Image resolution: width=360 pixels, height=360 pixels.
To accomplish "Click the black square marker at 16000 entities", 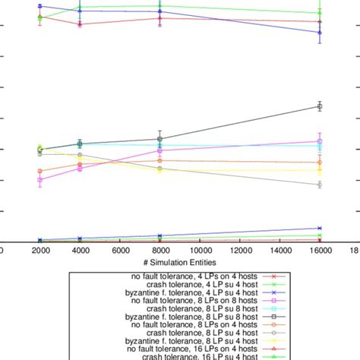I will [320, 106].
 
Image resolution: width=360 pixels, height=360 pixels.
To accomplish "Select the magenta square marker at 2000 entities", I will [40, 180].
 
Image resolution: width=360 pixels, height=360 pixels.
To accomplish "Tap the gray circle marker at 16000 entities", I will [320, 185].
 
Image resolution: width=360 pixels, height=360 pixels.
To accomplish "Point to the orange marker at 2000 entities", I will [40, 172].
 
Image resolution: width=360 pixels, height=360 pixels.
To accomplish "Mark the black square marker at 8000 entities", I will [159, 139].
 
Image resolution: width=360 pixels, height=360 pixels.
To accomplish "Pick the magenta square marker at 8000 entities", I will [159, 151].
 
